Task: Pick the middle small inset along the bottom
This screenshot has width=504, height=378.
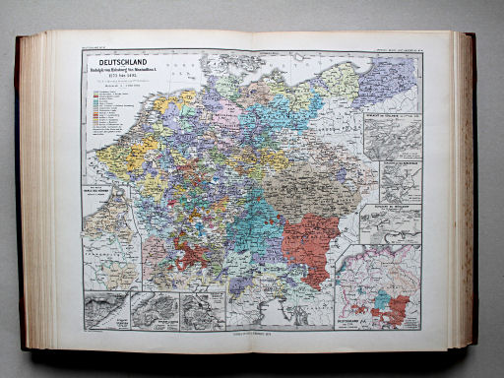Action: pos(154,309)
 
